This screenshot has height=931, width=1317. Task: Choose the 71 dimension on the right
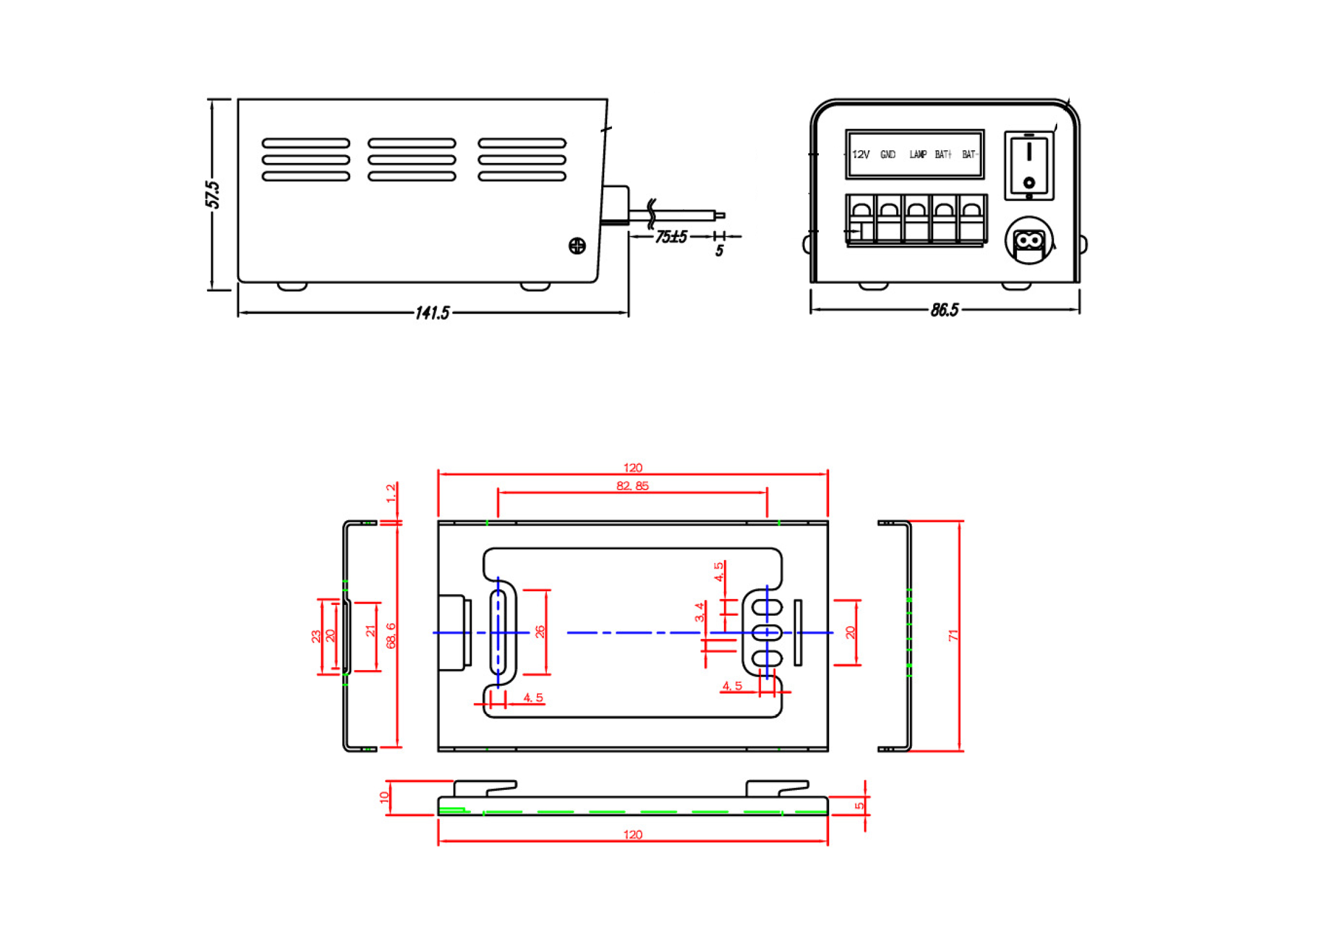pyautogui.click(x=953, y=636)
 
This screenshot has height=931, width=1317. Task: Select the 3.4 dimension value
pyautogui.click(x=699, y=612)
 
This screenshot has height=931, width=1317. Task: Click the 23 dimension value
pyautogui.click(x=315, y=636)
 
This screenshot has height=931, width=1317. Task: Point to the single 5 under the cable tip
pyautogui.click(x=719, y=251)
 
